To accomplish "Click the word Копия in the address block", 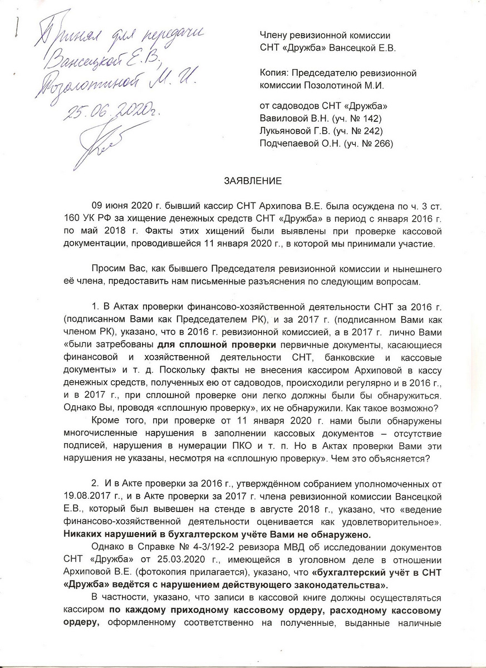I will [277, 73].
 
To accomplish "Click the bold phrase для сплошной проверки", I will [206, 343].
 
